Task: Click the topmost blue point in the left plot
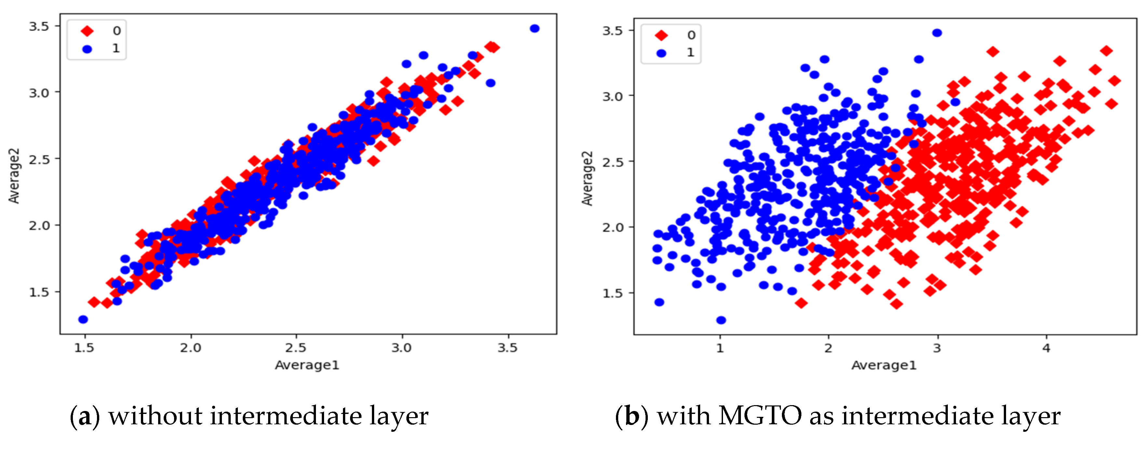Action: click(534, 28)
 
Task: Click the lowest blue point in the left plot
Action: click(83, 319)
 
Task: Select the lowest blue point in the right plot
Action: click(721, 320)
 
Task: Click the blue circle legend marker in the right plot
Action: click(661, 53)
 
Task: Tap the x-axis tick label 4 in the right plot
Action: click(1046, 348)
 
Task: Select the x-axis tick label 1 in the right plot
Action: click(720, 348)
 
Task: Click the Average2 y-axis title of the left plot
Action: click(14, 176)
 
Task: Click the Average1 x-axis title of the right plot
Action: click(884, 365)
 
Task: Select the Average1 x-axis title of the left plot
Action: click(307, 365)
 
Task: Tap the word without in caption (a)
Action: click(155, 416)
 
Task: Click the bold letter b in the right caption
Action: click(632, 416)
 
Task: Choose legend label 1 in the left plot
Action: click(116, 48)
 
